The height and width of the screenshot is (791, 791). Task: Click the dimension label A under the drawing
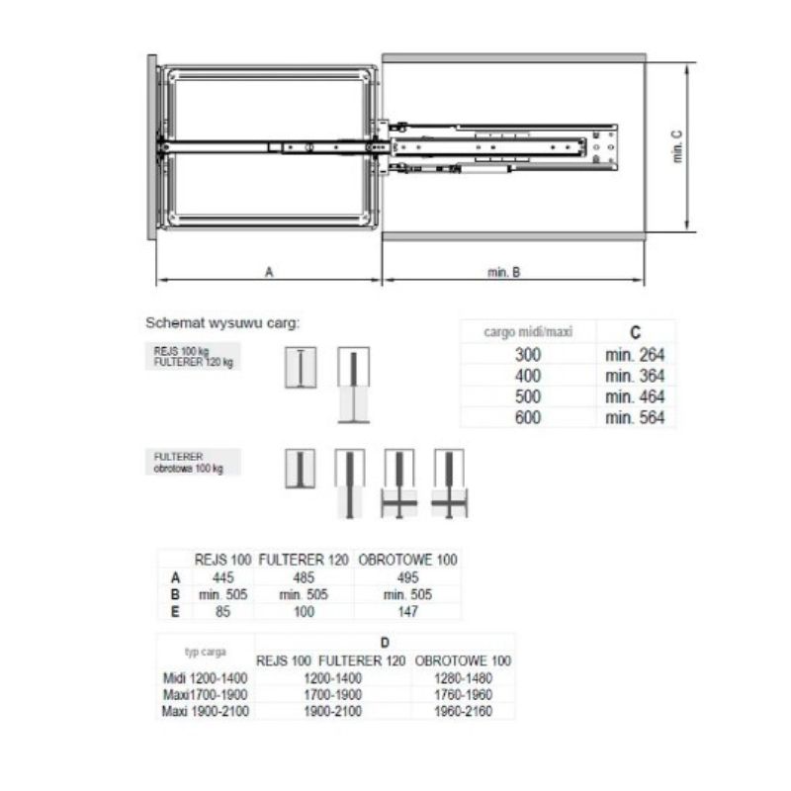click(269, 272)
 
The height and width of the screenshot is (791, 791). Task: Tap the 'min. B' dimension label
click(503, 273)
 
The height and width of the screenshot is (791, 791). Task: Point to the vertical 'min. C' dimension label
click(677, 146)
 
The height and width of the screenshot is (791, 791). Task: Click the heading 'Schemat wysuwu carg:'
click(222, 323)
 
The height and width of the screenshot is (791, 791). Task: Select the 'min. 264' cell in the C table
click(635, 355)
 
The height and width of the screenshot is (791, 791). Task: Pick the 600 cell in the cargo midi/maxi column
click(528, 417)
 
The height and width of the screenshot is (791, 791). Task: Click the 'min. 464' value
click(635, 397)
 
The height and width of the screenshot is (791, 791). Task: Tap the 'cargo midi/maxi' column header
click(528, 332)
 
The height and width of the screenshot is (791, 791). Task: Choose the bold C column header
click(635, 332)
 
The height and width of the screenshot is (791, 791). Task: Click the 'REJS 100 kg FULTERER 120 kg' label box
click(193, 356)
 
